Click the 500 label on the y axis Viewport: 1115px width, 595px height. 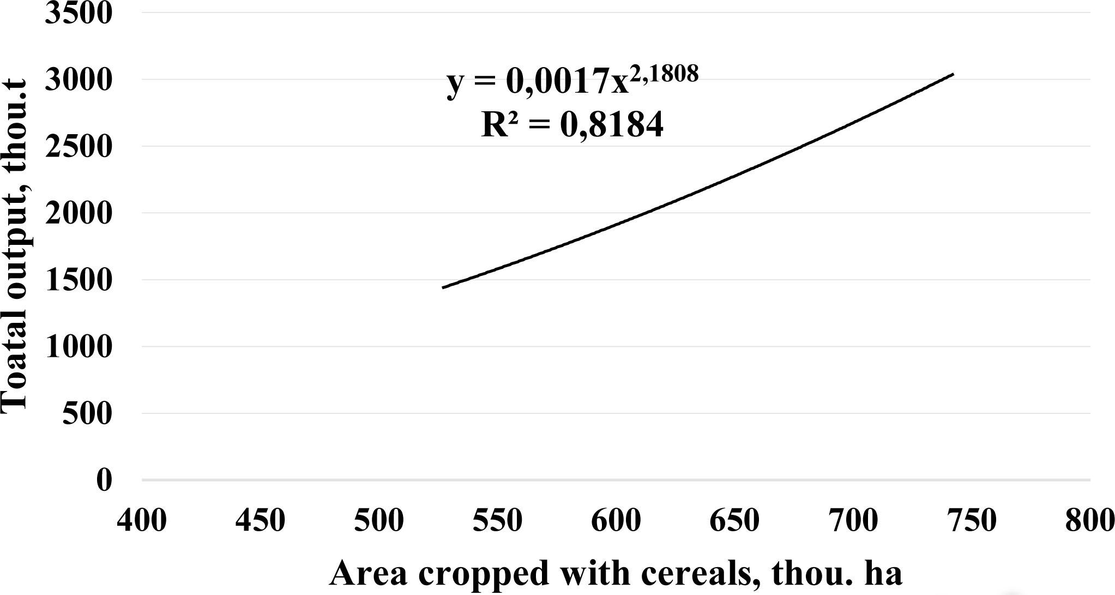tap(87, 414)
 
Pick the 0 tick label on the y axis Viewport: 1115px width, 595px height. tap(104, 480)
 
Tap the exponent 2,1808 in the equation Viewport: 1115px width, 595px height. tap(664, 73)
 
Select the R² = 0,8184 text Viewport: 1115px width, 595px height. tap(572, 124)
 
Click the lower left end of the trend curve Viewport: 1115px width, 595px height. tap(443, 287)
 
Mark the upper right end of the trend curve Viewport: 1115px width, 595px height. tap(953, 74)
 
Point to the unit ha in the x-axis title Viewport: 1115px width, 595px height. tap(884, 574)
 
